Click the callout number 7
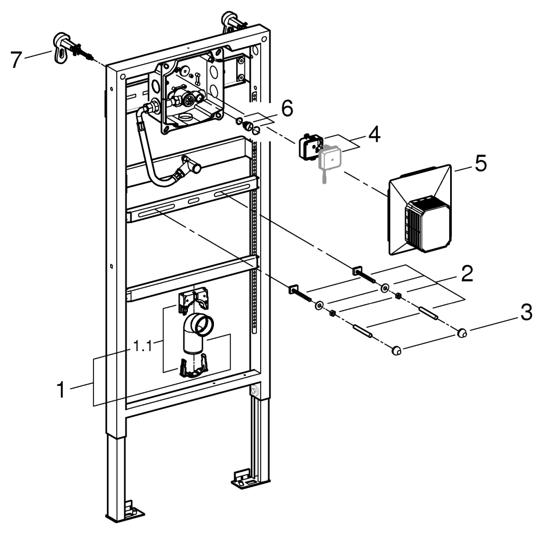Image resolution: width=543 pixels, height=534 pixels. coord(17,58)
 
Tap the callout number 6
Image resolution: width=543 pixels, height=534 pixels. coord(287,109)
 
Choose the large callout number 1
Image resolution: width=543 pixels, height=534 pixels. coord(64,389)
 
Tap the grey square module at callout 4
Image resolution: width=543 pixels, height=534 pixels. coord(329,158)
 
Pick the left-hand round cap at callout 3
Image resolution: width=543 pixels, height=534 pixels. coord(396,352)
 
